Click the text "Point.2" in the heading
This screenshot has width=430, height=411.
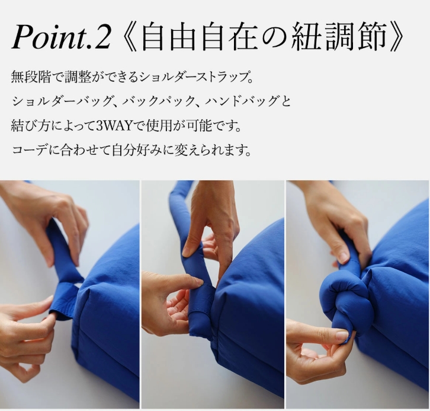(61, 37)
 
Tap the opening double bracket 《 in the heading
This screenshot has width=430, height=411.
(129, 37)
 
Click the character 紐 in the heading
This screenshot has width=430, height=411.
(304, 37)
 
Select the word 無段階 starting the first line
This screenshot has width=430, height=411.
(31, 77)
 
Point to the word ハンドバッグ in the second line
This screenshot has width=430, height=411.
(241, 101)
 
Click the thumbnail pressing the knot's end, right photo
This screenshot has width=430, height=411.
(343, 336)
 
